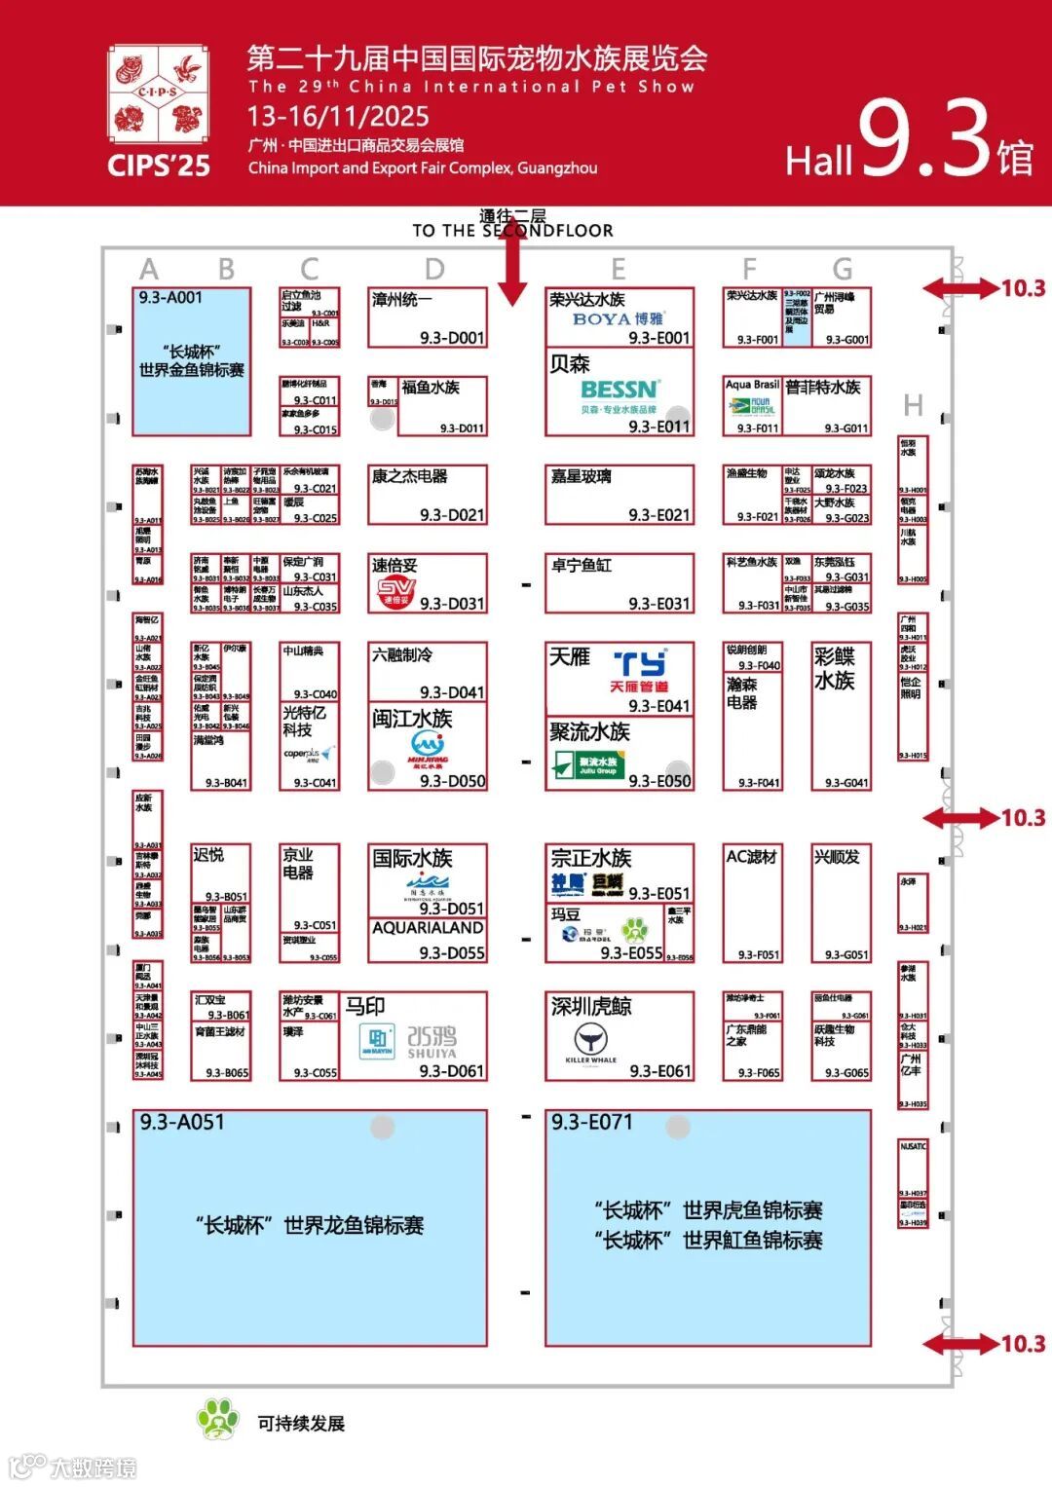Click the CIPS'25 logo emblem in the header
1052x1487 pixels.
(158, 94)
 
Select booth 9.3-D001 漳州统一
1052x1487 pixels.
(427, 317)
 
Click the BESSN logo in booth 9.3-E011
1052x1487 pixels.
(620, 390)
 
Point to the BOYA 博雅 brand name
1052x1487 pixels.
(618, 318)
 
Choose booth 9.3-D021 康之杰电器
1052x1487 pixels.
(427, 496)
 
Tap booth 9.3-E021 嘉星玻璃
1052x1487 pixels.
(620, 496)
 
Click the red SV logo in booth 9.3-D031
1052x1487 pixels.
(395, 592)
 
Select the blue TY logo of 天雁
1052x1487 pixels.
(639, 664)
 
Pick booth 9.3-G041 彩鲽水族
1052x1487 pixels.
(841, 716)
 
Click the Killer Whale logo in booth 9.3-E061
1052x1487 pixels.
(590, 1041)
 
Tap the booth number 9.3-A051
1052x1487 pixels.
(182, 1122)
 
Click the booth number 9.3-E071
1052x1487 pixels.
(591, 1122)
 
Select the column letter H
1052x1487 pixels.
(913, 405)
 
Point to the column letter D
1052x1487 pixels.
(434, 270)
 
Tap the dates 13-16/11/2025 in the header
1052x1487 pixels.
(338, 117)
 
